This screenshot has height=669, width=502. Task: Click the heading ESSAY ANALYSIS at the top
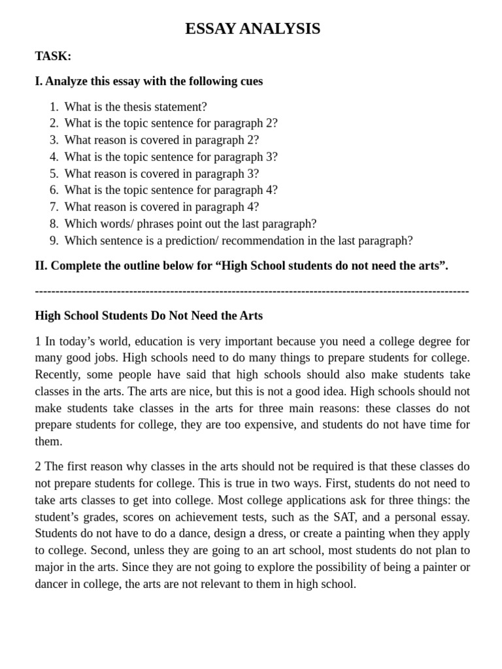coord(252,29)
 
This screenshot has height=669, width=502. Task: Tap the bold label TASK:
coord(53,56)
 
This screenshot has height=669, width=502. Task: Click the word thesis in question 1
coord(131,106)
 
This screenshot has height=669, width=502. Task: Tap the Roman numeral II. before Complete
coord(41,266)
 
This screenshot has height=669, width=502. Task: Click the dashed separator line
coord(252,291)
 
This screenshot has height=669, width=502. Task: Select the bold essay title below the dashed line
coord(148,316)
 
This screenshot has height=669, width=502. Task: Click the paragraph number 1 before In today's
coord(38,342)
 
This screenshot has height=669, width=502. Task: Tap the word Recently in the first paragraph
coord(58,375)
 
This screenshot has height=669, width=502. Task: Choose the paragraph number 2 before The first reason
coord(38,466)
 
